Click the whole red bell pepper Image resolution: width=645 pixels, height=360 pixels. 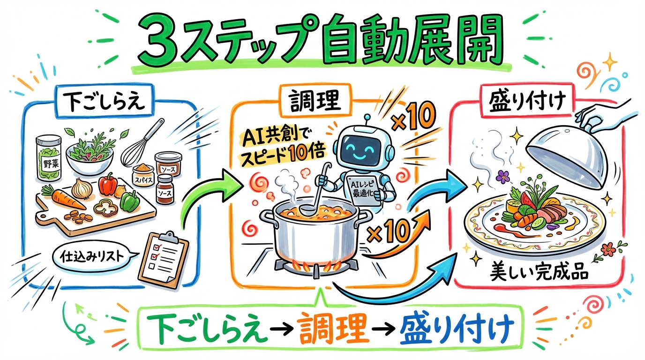coord(107,185)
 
